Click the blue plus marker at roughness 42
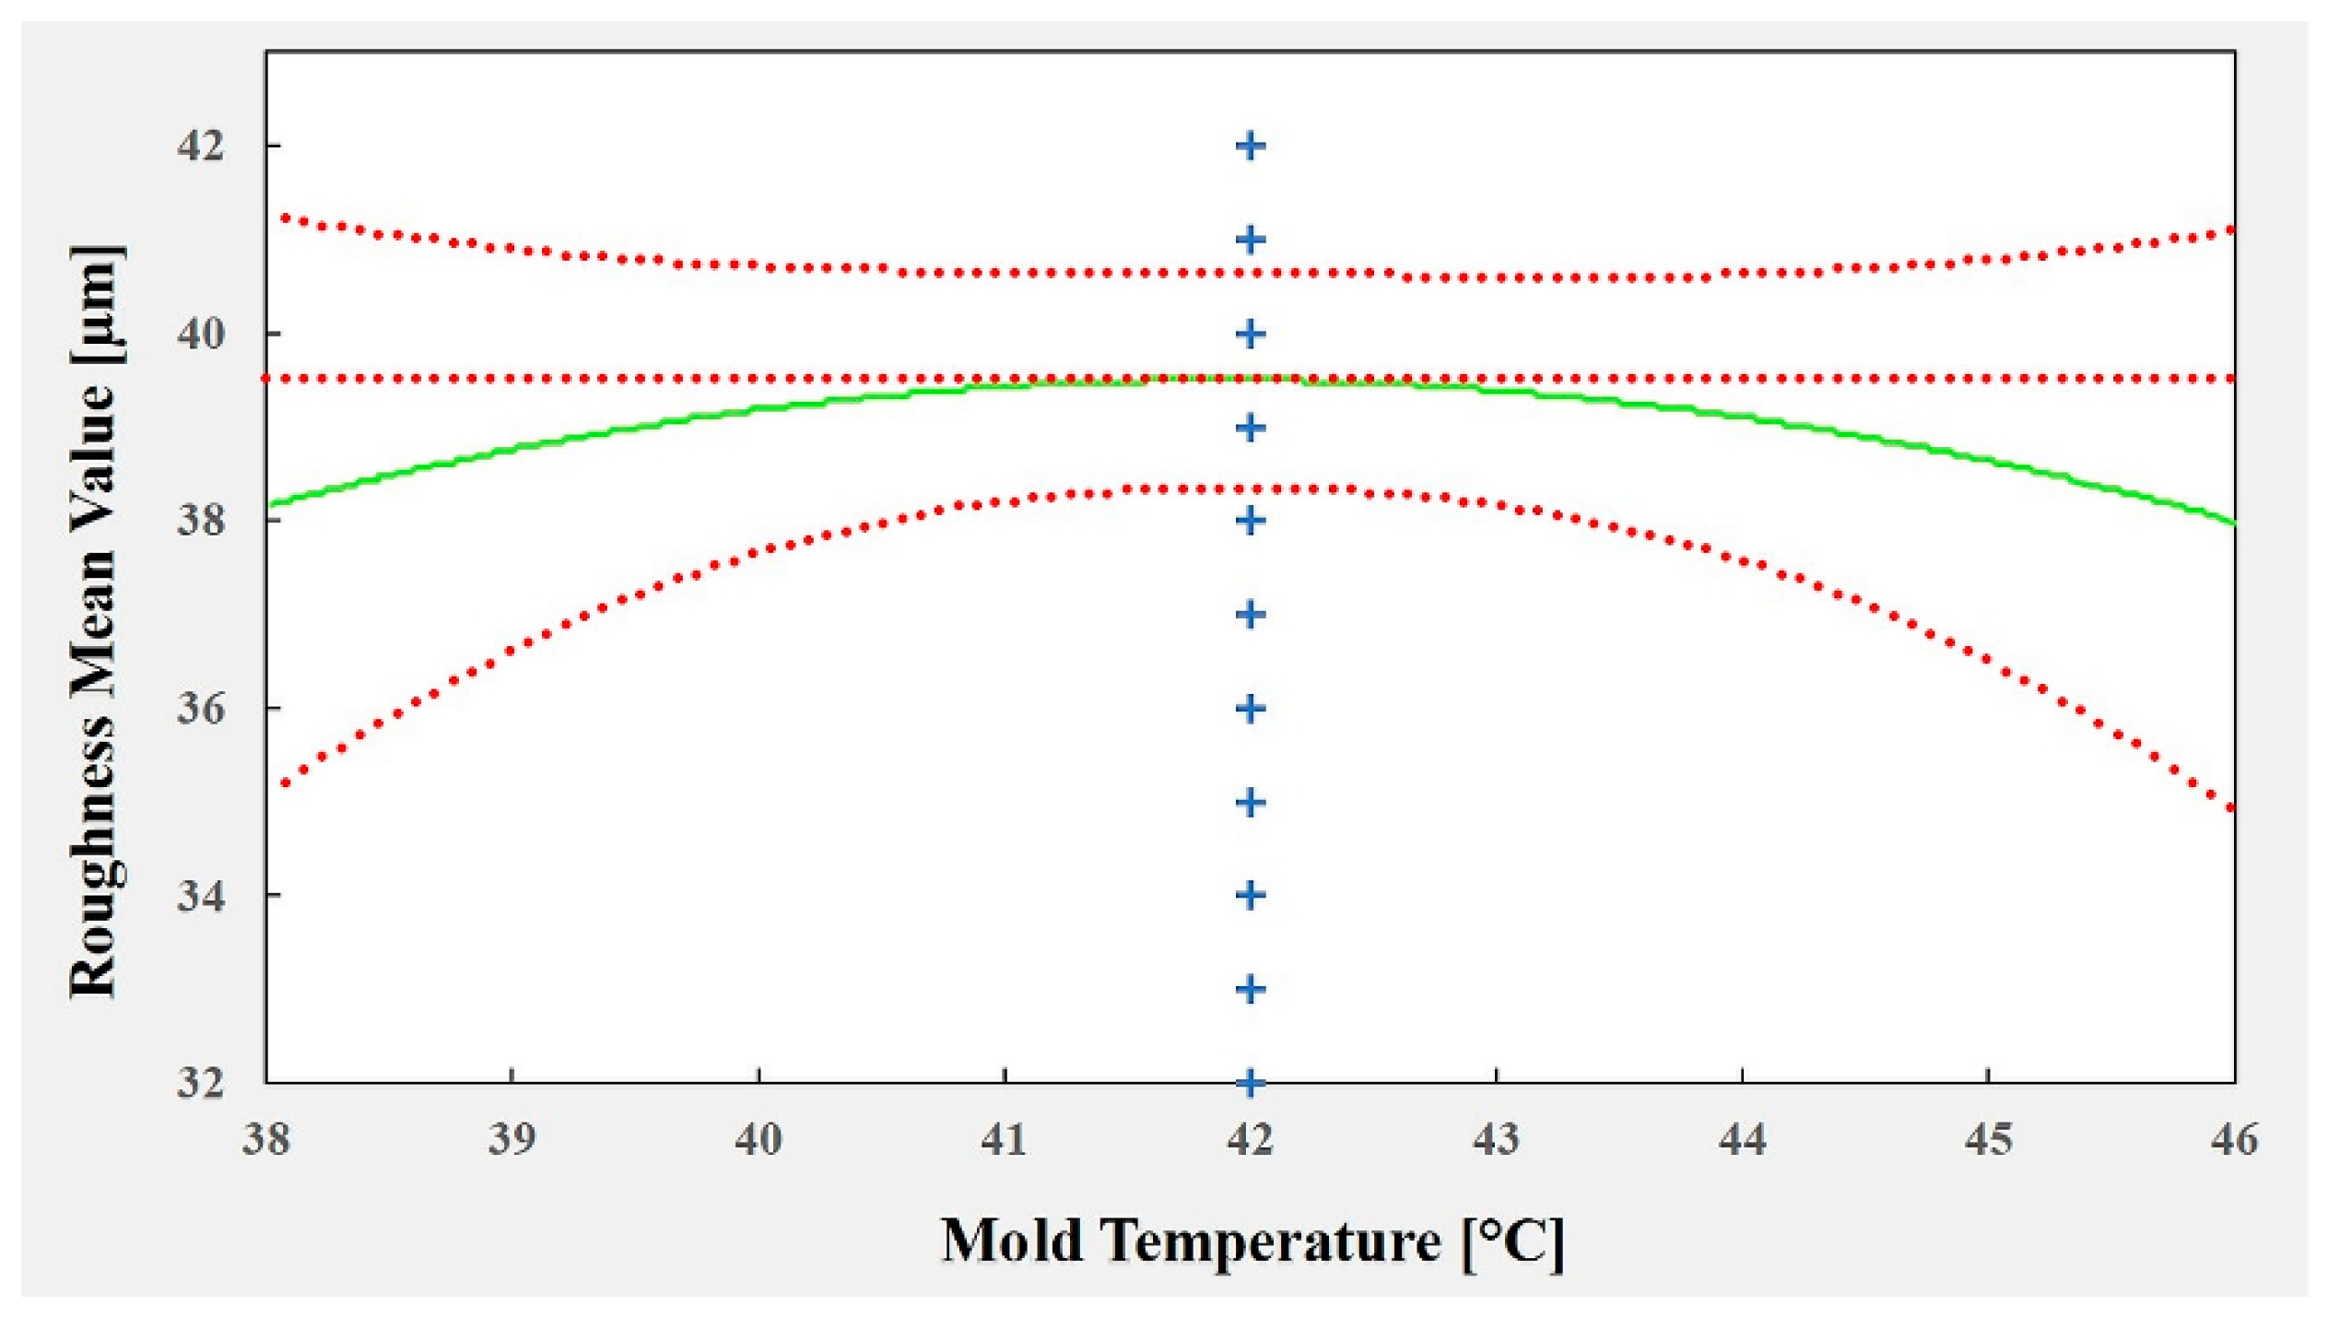(x=1250, y=146)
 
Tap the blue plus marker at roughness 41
(x=1250, y=241)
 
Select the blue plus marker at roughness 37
(x=1250, y=615)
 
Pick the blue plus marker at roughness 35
(x=1250, y=803)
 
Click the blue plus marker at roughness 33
(x=1250, y=990)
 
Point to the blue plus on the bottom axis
(x=1250, y=1082)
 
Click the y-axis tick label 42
(x=201, y=146)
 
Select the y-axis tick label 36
(x=201, y=709)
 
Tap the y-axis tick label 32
(x=201, y=1082)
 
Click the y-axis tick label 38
(x=201, y=521)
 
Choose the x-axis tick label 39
(x=511, y=1140)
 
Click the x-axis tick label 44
(x=1742, y=1140)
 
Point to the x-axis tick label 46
(x=2234, y=1140)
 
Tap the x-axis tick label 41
(x=1004, y=1140)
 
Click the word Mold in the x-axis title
(x=1011, y=1241)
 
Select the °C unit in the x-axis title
(x=1511, y=1242)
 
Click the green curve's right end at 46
(x=2230, y=523)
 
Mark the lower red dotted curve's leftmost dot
(x=286, y=783)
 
